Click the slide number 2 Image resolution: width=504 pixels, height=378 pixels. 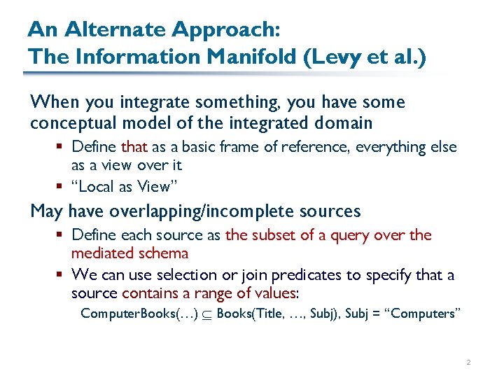468,363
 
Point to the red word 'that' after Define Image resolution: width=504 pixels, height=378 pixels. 134,147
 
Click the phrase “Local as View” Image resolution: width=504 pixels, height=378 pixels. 120,186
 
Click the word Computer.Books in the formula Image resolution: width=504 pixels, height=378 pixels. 115,313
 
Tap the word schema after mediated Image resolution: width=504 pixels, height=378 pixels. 164,253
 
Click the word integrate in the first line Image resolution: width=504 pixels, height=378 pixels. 152,102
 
